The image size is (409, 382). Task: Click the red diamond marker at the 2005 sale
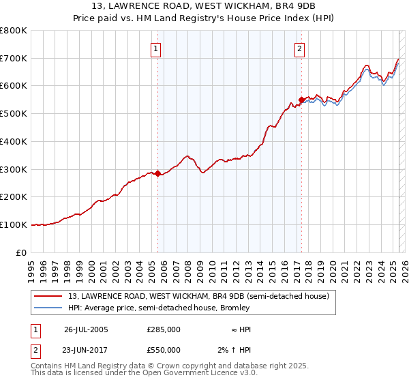point(158,173)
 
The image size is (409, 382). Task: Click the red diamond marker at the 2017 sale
point(301,100)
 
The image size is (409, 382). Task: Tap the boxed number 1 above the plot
point(157,48)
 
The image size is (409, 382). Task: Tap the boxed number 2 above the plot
point(300,48)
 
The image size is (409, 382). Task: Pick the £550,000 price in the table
point(164,349)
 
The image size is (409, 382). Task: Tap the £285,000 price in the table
point(164,329)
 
